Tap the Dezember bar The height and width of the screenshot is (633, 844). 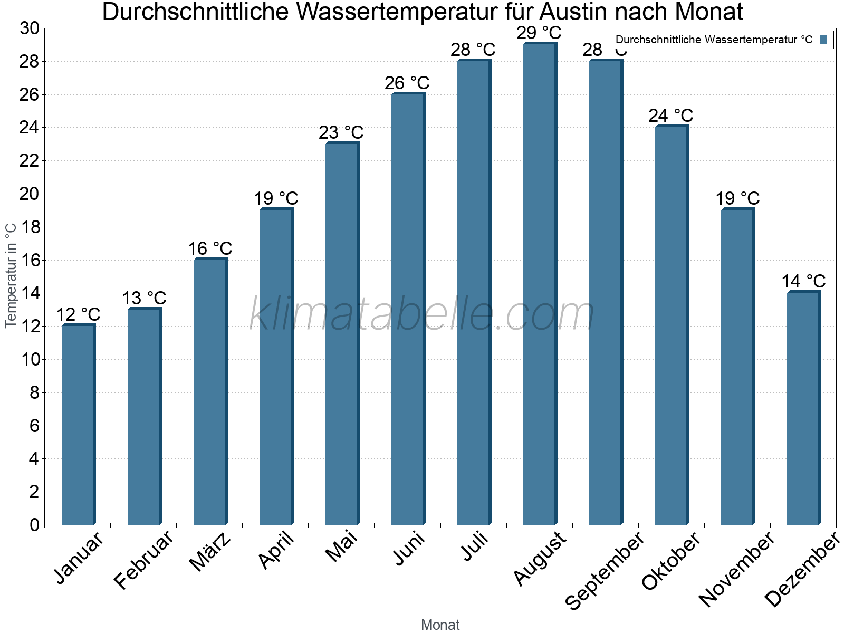click(x=803, y=408)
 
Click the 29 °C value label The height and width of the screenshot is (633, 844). click(x=539, y=33)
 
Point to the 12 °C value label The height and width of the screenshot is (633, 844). click(x=78, y=315)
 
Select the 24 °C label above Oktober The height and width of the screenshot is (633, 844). click(x=670, y=116)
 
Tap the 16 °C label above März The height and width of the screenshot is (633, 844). click(x=210, y=248)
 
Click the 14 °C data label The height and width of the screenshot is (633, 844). click(x=803, y=281)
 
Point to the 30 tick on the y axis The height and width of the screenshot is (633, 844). click(x=30, y=28)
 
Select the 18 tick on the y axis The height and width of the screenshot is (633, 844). click(x=30, y=227)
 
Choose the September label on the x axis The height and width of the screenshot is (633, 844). click(x=604, y=570)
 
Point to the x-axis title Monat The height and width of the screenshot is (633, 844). click(x=440, y=625)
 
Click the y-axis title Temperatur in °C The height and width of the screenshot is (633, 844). click(x=11, y=275)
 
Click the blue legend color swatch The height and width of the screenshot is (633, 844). click(x=823, y=40)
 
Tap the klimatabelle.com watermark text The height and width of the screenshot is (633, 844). click(x=421, y=314)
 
